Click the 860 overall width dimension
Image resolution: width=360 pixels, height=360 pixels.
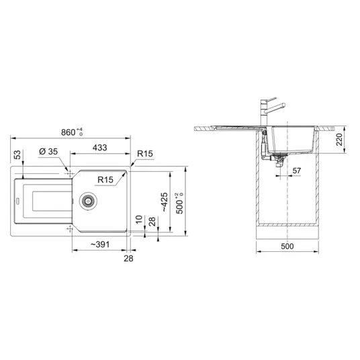tap(72, 132)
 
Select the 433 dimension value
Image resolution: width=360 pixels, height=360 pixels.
tap(100, 148)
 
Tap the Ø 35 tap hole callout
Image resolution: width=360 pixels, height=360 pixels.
tap(48, 152)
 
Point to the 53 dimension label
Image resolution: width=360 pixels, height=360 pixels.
tap(17, 154)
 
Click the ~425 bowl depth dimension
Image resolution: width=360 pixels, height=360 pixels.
tap(164, 202)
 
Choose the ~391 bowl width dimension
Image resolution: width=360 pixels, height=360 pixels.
tap(100, 244)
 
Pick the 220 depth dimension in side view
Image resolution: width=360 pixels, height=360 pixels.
tap(339, 139)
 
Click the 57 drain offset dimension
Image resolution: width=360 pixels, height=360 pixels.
tap(297, 171)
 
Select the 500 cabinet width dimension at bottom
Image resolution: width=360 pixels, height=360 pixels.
tap(287, 246)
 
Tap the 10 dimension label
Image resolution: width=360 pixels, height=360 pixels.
tap(139, 220)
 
